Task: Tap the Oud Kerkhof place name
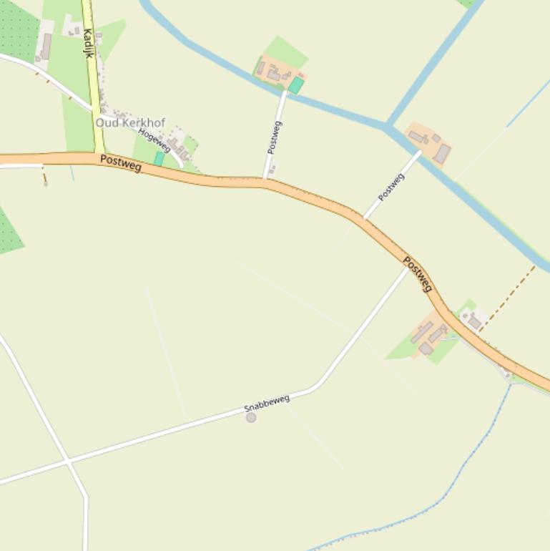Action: [x=130, y=122]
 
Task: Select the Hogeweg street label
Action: [x=154, y=140]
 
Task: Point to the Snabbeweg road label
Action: [x=267, y=403]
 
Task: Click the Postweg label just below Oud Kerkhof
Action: [x=121, y=163]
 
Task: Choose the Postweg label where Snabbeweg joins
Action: [x=418, y=274]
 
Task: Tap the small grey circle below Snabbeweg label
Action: [x=251, y=417]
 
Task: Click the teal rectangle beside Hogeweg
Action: [x=159, y=159]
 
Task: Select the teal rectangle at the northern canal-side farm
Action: [x=295, y=86]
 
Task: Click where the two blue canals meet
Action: [x=387, y=127]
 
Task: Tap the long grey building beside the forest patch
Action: [x=46, y=46]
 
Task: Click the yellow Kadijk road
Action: [x=93, y=79]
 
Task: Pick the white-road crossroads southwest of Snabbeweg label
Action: [x=68, y=462]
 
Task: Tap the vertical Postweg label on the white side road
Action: [x=274, y=137]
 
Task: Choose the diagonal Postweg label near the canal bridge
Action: [x=391, y=187]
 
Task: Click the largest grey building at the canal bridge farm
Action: [x=442, y=153]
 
